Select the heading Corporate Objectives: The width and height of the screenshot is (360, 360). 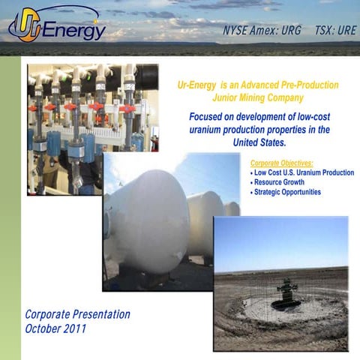(280, 163)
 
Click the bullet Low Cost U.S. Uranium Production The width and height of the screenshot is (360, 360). (303, 172)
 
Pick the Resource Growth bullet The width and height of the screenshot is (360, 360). (278, 182)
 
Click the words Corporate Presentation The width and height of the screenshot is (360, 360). (77, 314)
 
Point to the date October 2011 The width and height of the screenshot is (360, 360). (55, 328)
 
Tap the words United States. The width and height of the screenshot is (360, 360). (259, 142)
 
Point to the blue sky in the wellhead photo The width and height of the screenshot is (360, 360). (280, 240)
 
